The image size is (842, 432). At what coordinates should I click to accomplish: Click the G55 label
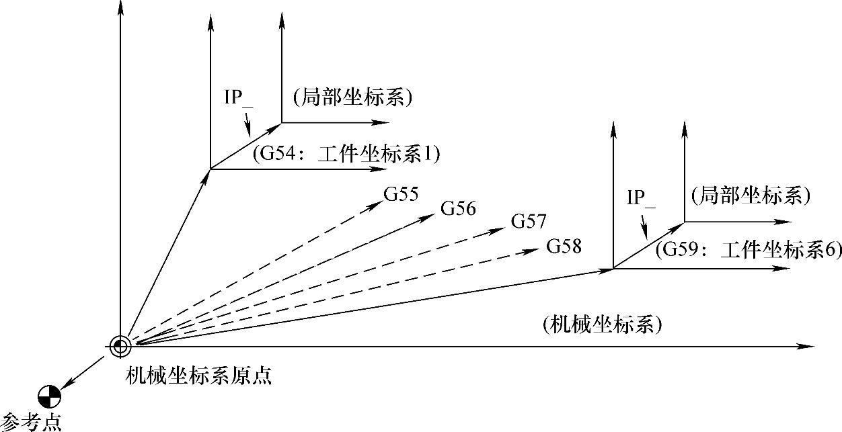pos(401,195)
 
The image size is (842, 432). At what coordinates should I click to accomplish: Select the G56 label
pos(459,209)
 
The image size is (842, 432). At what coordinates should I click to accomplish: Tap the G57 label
pos(529,220)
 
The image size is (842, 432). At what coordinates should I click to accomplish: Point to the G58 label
pos(564,246)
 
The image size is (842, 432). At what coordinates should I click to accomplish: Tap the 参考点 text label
pos(31,422)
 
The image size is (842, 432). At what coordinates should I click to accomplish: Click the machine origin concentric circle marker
pos(121,346)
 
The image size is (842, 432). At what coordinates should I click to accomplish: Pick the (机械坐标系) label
pos(602,325)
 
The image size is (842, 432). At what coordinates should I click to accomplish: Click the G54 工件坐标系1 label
pos(346,155)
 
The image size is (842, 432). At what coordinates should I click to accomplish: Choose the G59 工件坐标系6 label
pos(748,251)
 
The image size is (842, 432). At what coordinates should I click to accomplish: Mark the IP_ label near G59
pos(641,198)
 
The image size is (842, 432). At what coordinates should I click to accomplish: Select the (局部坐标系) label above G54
pos(352,98)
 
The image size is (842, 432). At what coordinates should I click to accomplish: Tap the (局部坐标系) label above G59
pos(751,196)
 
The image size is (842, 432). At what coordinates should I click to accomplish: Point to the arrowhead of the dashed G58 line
pos(534,251)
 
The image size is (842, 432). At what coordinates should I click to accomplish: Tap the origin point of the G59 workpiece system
pos(613,269)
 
